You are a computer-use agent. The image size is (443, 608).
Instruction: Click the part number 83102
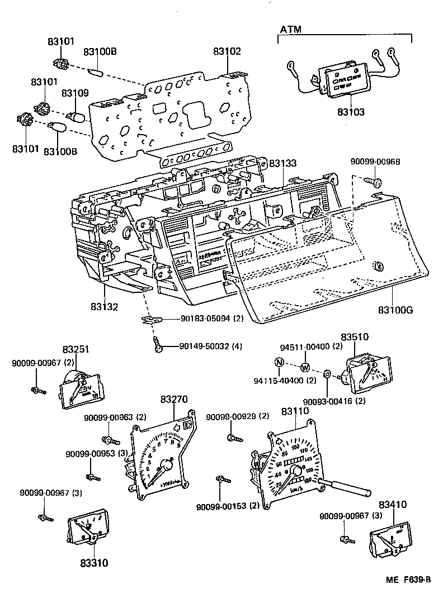227,51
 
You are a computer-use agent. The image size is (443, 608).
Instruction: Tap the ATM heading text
290,28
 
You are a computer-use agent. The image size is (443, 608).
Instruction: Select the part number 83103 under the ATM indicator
351,112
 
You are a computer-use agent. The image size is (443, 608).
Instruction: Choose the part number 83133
284,163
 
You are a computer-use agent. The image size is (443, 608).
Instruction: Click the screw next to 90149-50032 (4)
158,346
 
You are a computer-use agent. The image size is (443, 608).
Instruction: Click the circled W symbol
305,368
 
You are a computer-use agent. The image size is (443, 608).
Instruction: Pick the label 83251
76,349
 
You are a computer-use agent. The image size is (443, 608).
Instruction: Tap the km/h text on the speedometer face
296,489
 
